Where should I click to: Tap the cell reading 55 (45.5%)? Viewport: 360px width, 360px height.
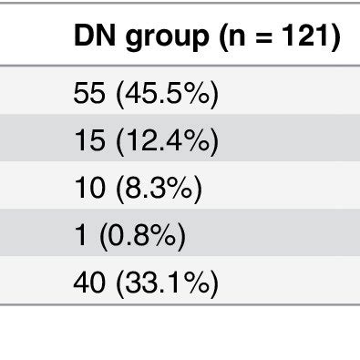[x=145, y=94]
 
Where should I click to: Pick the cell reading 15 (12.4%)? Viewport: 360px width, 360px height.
[x=145, y=141]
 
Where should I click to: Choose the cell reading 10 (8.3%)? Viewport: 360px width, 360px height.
[x=137, y=190]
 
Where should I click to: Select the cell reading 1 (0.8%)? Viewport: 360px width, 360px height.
[x=129, y=237]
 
